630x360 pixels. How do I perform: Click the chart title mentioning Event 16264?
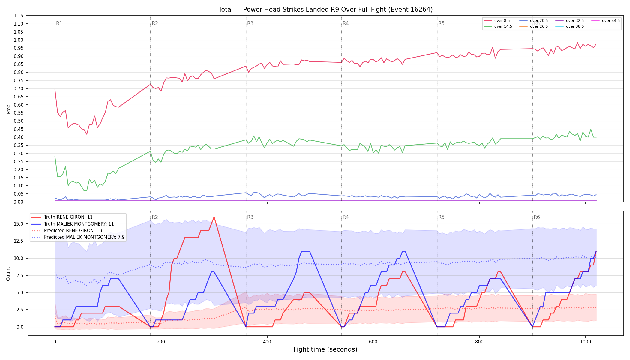325,10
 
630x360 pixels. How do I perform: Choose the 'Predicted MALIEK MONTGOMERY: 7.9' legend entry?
78,237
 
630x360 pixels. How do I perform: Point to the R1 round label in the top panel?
59,23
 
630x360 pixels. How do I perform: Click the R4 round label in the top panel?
346,23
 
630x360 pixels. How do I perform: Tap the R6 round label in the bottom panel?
537,217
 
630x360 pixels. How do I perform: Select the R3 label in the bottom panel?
250,217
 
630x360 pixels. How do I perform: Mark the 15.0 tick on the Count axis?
18,224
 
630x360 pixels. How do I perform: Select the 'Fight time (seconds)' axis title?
325,349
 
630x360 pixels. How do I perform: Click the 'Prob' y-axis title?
9,109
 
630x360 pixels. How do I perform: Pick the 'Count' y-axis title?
8,274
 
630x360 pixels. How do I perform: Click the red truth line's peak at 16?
214,217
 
